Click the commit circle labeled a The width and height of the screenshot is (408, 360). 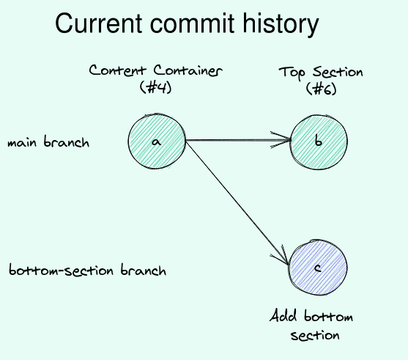tap(157, 142)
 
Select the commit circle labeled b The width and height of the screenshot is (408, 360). tap(319, 142)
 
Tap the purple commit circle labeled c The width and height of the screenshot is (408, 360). tap(318, 268)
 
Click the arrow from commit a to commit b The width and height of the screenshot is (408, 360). tap(238, 140)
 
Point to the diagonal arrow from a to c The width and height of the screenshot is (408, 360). tap(237, 202)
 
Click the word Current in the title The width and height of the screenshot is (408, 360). tap(99, 23)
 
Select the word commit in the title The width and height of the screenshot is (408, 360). tap(193, 23)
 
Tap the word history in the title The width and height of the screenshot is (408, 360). tap(281, 24)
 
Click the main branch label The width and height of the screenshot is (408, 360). tap(48, 142)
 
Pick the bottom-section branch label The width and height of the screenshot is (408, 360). tap(87, 270)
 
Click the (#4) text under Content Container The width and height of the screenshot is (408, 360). tap(155, 87)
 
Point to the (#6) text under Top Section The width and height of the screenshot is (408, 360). tap(321, 89)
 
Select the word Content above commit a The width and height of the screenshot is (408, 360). tap(118, 70)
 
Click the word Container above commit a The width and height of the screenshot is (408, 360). tap(188, 70)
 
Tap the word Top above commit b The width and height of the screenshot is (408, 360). tap(292, 73)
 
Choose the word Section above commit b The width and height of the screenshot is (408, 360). tap(338, 72)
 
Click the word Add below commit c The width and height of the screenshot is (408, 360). tap(283, 316)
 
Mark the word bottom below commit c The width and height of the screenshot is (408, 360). tap(329, 316)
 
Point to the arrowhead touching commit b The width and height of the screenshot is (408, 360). tap(281, 140)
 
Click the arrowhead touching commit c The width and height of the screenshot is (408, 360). tap(281, 256)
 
